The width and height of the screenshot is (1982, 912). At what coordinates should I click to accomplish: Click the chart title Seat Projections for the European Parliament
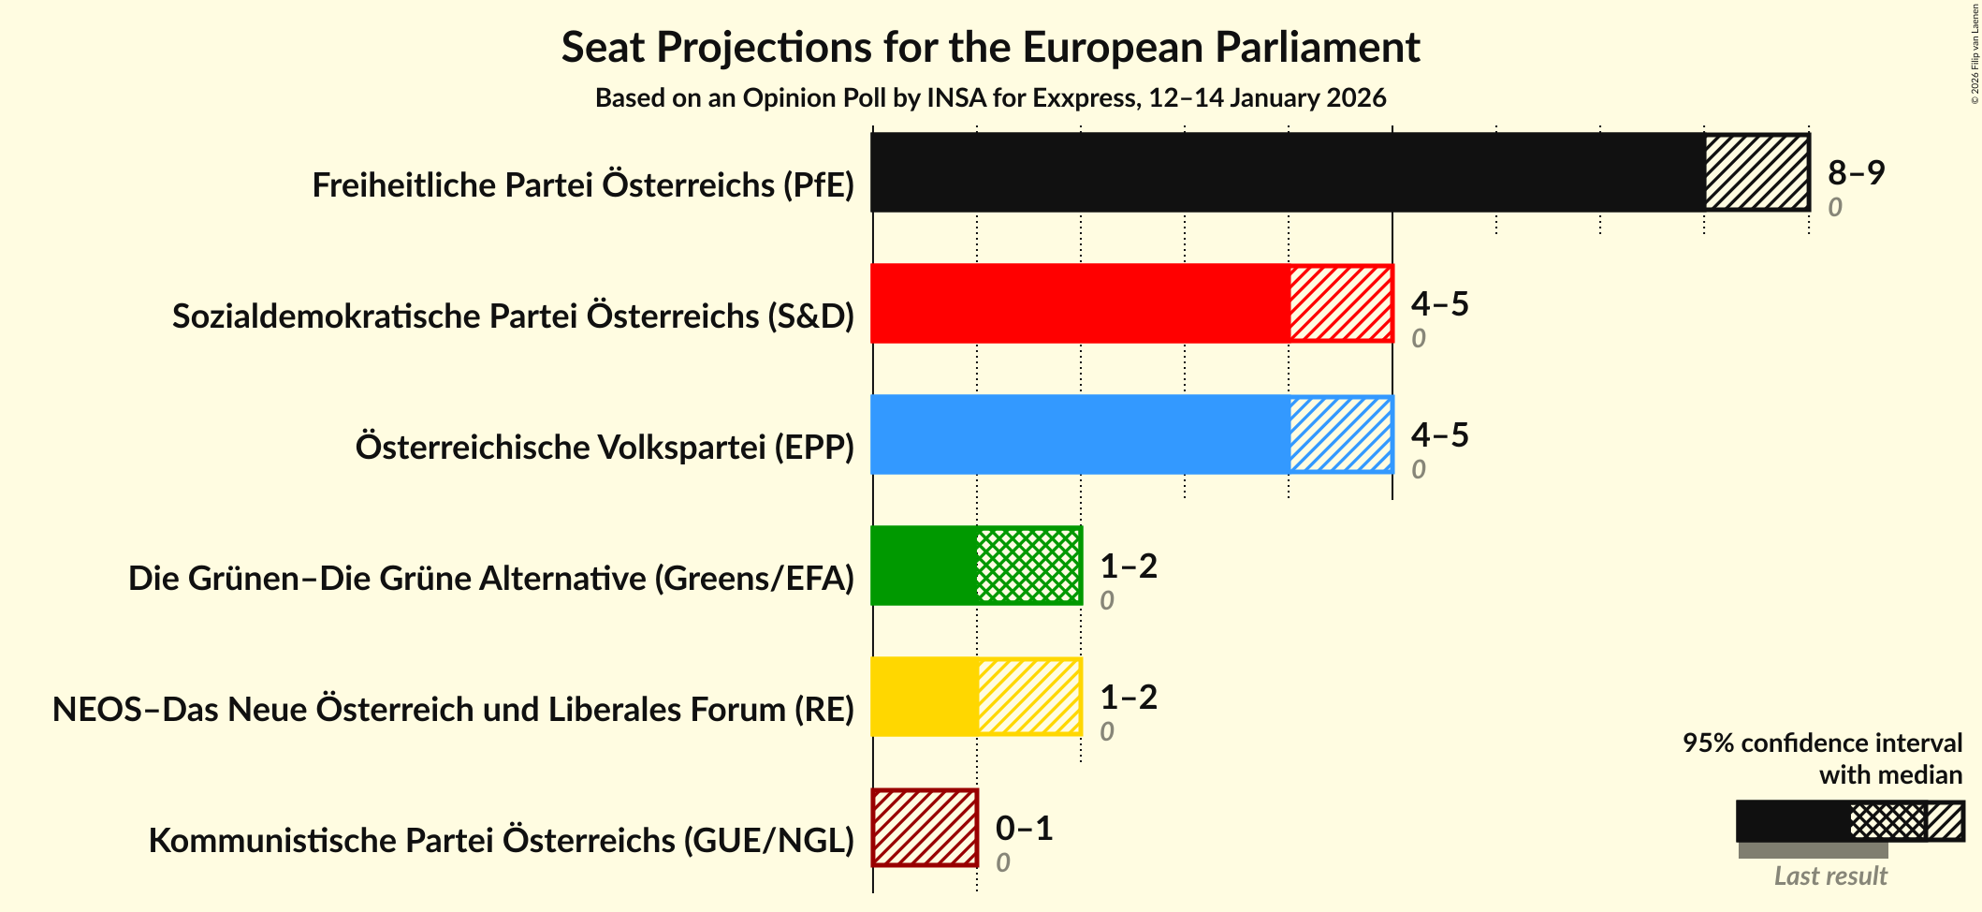[x=990, y=47]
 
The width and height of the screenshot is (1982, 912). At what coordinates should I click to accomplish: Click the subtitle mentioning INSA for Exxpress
[x=990, y=98]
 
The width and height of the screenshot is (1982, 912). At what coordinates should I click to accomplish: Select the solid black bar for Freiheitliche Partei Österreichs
[x=1287, y=172]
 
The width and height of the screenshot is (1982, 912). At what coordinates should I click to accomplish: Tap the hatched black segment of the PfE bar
[x=1756, y=172]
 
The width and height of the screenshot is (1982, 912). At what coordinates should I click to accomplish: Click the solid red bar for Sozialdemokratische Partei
[x=1080, y=303]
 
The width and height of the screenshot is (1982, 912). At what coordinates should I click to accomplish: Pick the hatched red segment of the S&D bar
[x=1340, y=303]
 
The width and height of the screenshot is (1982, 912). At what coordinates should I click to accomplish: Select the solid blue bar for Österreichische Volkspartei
[x=1080, y=434]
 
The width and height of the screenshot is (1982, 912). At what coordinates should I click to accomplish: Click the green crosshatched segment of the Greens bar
[x=1027, y=566]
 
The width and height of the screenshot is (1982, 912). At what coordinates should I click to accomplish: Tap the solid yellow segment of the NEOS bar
[x=925, y=697]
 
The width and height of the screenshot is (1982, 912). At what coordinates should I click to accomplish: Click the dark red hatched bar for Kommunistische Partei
[x=925, y=828]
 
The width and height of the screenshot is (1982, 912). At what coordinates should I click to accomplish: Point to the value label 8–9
[x=1856, y=172]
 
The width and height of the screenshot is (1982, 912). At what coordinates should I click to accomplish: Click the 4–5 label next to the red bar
[x=1439, y=303]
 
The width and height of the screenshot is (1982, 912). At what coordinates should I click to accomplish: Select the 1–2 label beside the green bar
[x=1128, y=566]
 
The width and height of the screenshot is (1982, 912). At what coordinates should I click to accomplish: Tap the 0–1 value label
[x=1024, y=828]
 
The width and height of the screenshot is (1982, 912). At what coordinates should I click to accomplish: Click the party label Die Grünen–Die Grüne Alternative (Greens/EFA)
[x=491, y=579]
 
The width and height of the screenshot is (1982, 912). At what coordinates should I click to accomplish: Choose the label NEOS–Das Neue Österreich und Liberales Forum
[x=453, y=710]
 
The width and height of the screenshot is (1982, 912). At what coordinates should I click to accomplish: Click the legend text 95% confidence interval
[x=1821, y=743]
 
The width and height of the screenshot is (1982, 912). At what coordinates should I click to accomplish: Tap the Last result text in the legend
[x=1829, y=875]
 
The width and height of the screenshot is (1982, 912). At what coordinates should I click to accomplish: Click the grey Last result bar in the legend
[x=1813, y=850]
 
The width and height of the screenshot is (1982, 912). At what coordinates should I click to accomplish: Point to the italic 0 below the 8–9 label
[x=1834, y=207]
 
